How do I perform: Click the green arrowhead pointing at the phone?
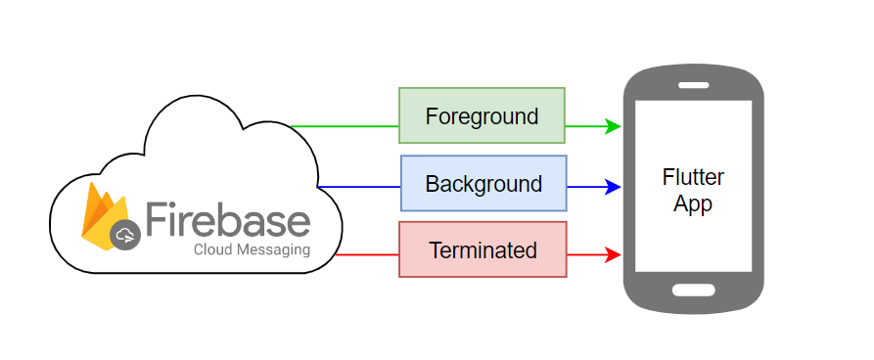click(614, 126)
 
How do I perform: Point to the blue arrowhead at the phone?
click(614, 187)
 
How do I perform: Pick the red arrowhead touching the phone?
click(614, 255)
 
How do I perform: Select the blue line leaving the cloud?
click(358, 187)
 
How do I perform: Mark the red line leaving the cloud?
click(367, 255)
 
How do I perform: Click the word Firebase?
click(227, 218)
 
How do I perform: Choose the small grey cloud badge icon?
click(125, 235)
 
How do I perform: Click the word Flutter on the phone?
click(693, 178)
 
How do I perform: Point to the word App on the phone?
click(693, 204)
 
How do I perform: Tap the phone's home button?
click(693, 290)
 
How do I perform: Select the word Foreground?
click(482, 116)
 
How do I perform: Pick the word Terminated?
click(483, 250)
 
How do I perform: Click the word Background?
click(483, 184)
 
